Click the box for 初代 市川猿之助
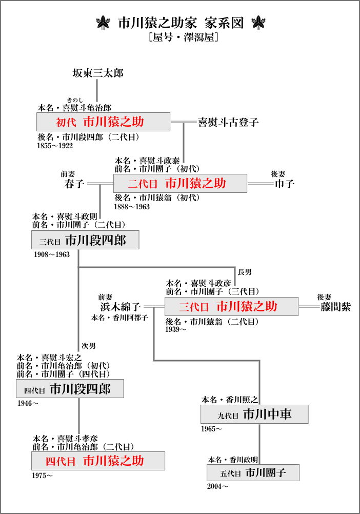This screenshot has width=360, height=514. [x=103, y=122]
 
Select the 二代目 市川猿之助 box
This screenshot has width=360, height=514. [x=179, y=183]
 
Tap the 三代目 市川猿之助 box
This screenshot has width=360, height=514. [x=231, y=307]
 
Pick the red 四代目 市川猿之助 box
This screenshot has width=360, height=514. [x=98, y=461]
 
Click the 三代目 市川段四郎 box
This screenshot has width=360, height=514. [x=85, y=240]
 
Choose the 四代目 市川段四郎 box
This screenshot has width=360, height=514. [x=70, y=389]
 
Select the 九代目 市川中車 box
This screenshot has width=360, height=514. [x=254, y=414]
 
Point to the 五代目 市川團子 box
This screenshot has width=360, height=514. [x=253, y=472]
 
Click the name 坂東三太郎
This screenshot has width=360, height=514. [x=97, y=73]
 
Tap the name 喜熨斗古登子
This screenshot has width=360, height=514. [x=228, y=122]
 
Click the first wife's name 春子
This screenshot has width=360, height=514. [x=74, y=183]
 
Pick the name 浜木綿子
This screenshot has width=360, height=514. [x=121, y=307]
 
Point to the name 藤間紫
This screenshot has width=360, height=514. [x=336, y=307]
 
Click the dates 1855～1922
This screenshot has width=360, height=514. [x=55, y=146]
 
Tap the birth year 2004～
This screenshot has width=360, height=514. [x=217, y=485]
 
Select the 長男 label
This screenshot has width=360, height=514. [x=245, y=271]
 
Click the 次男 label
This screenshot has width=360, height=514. [x=89, y=346]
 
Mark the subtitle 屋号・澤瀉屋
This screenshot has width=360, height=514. [x=180, y=37]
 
